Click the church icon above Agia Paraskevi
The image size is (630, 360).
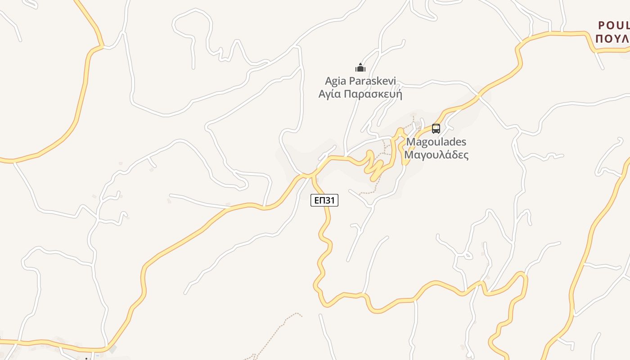coord(360,67)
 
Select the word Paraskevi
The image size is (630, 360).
coord(375,81)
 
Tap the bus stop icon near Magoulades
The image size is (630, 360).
coord(436,128)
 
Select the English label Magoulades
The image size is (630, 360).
coord(436,142)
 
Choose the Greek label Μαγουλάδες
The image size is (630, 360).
coord(436,155)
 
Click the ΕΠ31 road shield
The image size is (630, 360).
coord(324,200)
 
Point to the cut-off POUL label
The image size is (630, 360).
coord(613,26)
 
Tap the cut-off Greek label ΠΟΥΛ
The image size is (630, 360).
coord(612,39)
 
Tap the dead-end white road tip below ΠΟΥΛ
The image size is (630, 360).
coord(603,69)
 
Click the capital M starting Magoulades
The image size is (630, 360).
coord(410,142)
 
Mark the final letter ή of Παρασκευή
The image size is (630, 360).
coord(398,94)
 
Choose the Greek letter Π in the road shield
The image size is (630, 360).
coord(322,200)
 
